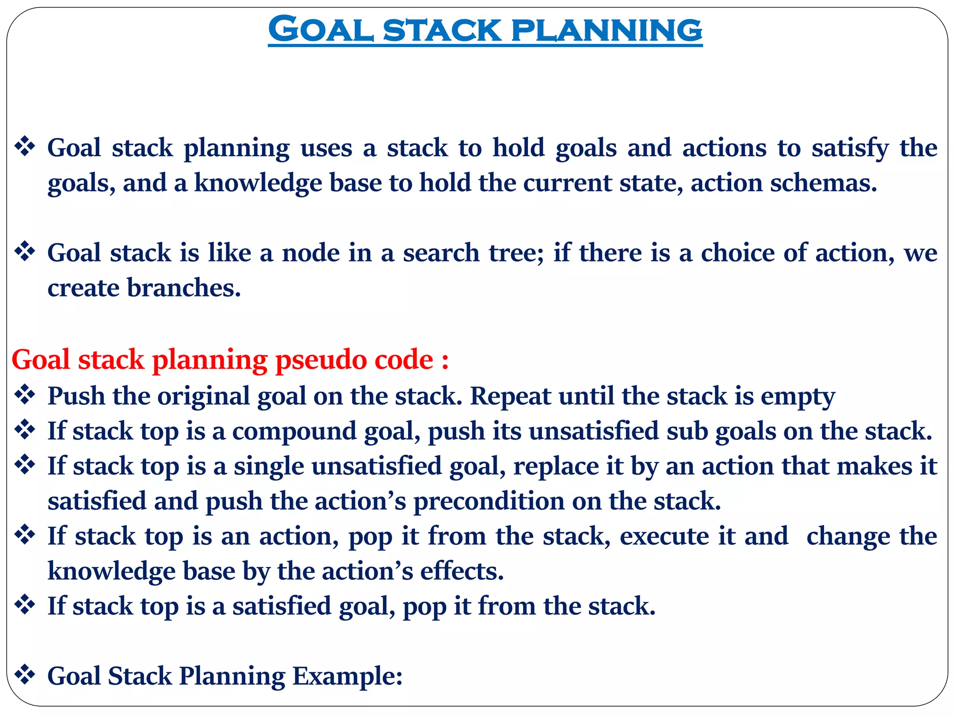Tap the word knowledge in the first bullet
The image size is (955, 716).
258,183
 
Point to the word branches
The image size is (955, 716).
184,288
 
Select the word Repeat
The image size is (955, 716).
510,397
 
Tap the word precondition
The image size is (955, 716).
489,502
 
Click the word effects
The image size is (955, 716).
461,571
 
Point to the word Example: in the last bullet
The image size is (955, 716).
347,676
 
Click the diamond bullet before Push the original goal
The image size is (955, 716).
25,395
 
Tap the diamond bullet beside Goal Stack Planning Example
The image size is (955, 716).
25,675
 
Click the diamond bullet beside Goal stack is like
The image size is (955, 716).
25,252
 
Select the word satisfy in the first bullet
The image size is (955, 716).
850,149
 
